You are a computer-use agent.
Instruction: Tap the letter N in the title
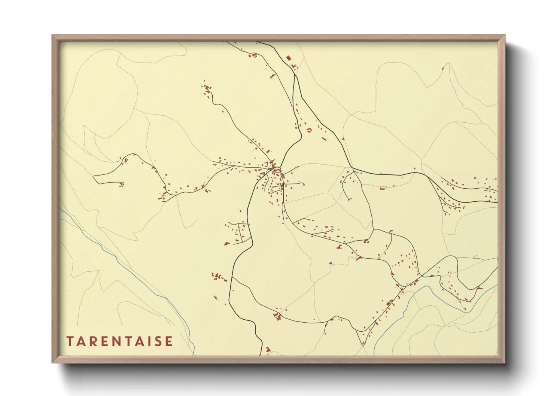tap(119, 341)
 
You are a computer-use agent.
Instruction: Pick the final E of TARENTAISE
tap(169, 341)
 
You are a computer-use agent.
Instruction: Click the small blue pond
tap(330, 263)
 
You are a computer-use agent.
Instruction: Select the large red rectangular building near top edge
tap(289, 58)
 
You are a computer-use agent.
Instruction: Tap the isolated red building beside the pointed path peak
tap(443, 68)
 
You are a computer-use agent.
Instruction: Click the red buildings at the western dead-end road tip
tap(121, 184)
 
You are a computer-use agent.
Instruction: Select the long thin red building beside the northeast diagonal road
tap(324, 139)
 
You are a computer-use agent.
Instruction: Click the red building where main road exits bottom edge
tap(268, 350)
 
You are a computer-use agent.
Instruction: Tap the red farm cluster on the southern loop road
tap(278, 317)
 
